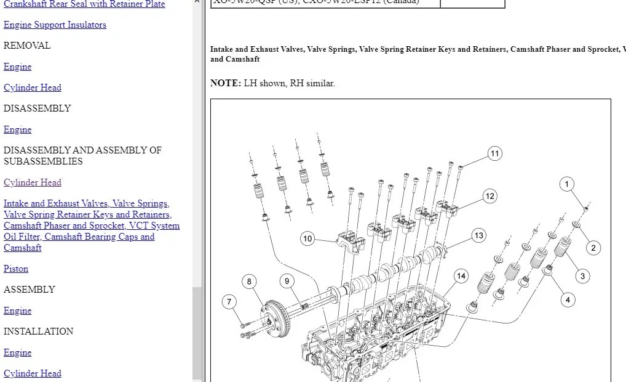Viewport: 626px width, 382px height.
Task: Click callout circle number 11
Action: coord(495,153)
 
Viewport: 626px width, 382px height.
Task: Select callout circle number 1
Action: coord(567,184)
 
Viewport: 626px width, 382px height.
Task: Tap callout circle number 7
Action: coord(229,302)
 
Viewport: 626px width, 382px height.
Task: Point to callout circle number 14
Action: coord(461,276)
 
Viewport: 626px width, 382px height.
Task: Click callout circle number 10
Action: coord(307,238)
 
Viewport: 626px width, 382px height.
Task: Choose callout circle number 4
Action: coord(568,300)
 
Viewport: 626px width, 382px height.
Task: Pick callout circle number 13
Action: coord(479,235)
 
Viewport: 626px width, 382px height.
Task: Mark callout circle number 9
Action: coord(287,281)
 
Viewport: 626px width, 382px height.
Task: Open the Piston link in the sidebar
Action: coord(16,269)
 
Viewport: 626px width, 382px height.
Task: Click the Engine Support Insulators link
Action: coord(55,25)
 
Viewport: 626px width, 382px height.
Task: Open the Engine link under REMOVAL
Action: coord(17,67)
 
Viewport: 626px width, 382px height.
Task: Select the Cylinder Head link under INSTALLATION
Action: coord(32,373)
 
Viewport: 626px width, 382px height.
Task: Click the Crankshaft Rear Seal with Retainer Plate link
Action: coord(84,4)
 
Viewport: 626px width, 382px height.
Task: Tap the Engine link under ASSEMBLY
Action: coord(17,311)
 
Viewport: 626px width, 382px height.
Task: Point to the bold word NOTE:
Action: coord(225,83)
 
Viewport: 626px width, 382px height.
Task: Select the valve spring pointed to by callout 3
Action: coord(562,248)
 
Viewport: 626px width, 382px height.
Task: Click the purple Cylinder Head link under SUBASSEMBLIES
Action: coord(32,182)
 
